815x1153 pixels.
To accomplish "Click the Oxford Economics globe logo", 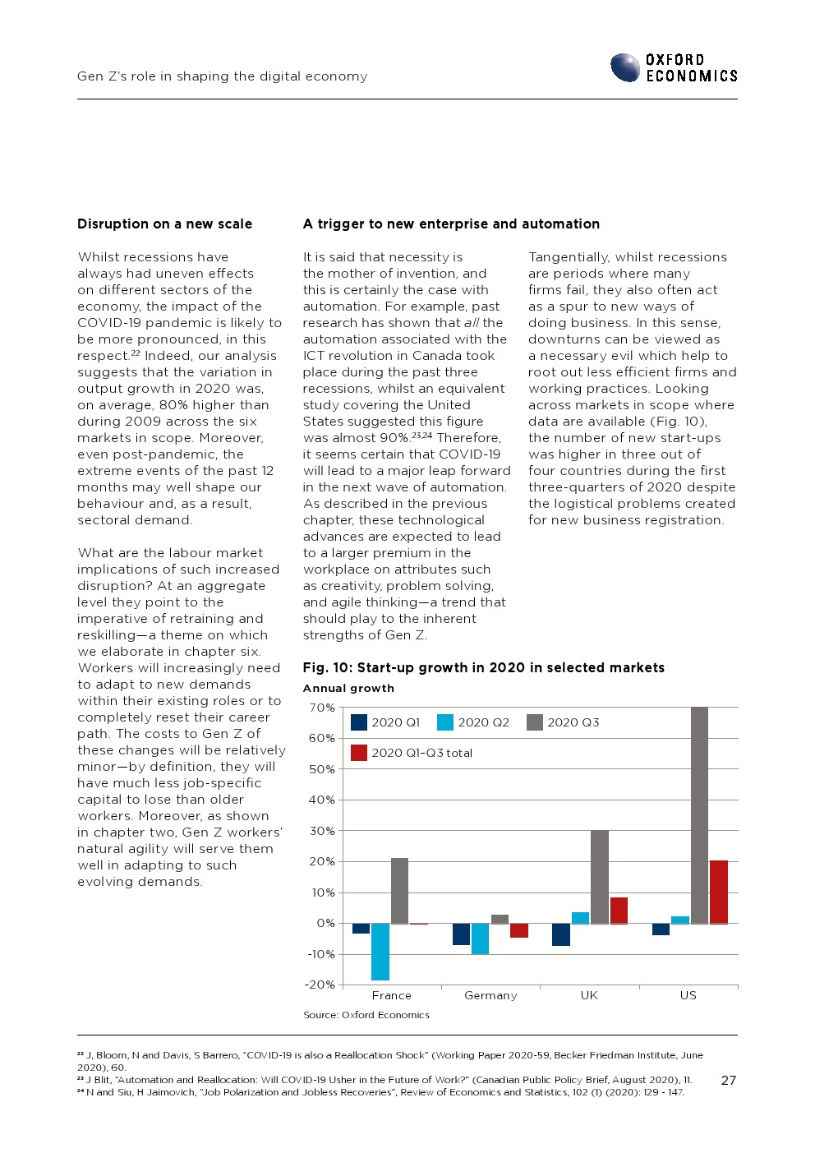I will point(625,67).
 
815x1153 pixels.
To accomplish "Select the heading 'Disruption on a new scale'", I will point(164,224).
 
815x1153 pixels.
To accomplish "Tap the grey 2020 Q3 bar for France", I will point(399,891).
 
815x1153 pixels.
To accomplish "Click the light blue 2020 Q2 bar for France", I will point(380,951).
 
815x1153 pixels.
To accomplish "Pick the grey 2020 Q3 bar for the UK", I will point(600,877).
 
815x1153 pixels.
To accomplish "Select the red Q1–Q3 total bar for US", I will point(718,892).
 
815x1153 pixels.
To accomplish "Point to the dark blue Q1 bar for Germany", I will point(461,934).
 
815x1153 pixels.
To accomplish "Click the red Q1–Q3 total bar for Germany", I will point(519,930).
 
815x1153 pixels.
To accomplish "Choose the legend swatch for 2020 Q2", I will point(445,722).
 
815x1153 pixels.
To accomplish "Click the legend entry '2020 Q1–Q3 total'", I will point(421,753).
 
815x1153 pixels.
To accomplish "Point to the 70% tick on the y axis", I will point(321,708).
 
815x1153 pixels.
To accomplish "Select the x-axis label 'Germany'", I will point(490,995).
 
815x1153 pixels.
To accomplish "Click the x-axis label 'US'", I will point(688,995).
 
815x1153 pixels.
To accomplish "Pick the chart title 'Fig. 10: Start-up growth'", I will point(483,667).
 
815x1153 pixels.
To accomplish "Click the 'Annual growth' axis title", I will point(348,689).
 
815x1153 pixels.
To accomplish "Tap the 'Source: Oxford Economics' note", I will point(366,1015).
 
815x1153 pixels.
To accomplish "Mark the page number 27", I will point(728,1080).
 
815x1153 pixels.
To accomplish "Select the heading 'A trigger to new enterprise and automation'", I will point(451,224).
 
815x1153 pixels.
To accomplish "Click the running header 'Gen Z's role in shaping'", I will point(222,76).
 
